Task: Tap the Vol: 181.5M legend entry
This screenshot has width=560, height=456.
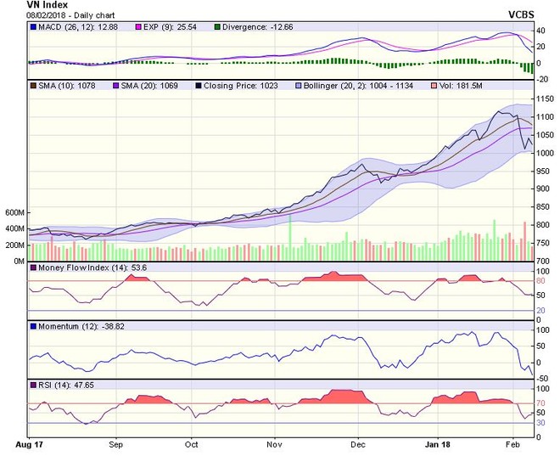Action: (x=471, y=87)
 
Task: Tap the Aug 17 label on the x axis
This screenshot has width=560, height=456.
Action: (x=29, y=444)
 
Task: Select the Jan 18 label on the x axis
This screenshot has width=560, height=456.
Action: (x=438, y=444)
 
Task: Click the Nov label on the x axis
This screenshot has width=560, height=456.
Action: (x=273, y=444)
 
